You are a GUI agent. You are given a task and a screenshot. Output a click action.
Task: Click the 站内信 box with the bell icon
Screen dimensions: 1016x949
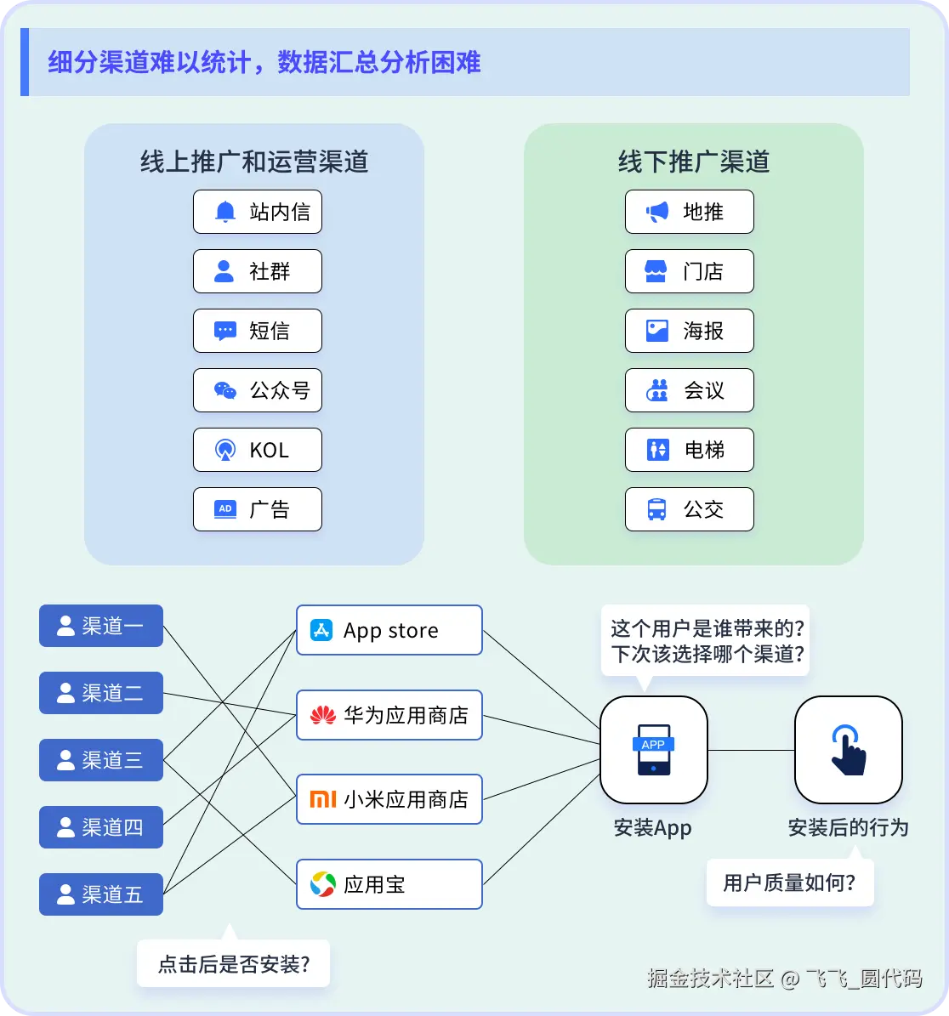tap(257, 212)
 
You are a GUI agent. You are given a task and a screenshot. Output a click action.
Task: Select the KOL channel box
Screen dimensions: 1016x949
tap(257, 450)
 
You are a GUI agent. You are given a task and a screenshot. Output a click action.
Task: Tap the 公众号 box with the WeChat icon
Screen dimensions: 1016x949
tap(257, 390)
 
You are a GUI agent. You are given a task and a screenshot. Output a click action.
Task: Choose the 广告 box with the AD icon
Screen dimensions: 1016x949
tap(257, 509)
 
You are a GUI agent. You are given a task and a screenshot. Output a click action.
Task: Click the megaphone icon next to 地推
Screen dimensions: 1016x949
tap(656, 213)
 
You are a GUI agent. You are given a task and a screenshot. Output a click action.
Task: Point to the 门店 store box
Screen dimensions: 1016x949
tap(689, 271)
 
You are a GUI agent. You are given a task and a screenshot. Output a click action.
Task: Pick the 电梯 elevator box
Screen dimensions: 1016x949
tap(689, 450)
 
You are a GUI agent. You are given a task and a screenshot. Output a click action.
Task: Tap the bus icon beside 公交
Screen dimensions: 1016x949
tap(656, 510)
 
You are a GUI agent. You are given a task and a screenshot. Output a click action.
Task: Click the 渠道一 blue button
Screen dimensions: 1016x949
tap(101, 627)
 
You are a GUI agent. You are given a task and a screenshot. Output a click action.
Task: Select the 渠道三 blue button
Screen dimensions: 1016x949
tap(101, 760)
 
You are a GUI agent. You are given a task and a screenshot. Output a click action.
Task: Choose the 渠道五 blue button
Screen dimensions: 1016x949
tap(101, 894)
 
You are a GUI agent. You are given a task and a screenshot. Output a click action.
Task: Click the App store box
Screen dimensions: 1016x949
tap(389, 630)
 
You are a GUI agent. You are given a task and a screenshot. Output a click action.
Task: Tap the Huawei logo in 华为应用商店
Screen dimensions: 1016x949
tap(322, 716)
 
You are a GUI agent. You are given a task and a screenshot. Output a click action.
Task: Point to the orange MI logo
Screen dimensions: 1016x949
tap(322, 799)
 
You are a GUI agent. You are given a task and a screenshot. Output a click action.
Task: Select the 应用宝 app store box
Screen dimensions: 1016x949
tap(389, 884)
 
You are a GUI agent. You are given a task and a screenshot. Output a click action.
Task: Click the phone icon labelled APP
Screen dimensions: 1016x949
tap(653, 749)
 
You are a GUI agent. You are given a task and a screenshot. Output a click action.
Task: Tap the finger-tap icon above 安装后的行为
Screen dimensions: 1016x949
tap(848, 749)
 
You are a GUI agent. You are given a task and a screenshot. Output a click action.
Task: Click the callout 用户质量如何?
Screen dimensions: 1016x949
tap(789, 883)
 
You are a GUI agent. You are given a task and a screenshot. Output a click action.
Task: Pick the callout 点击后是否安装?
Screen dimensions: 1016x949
tap(233, 964)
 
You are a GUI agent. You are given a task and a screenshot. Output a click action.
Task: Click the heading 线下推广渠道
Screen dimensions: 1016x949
tap(693, 162)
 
